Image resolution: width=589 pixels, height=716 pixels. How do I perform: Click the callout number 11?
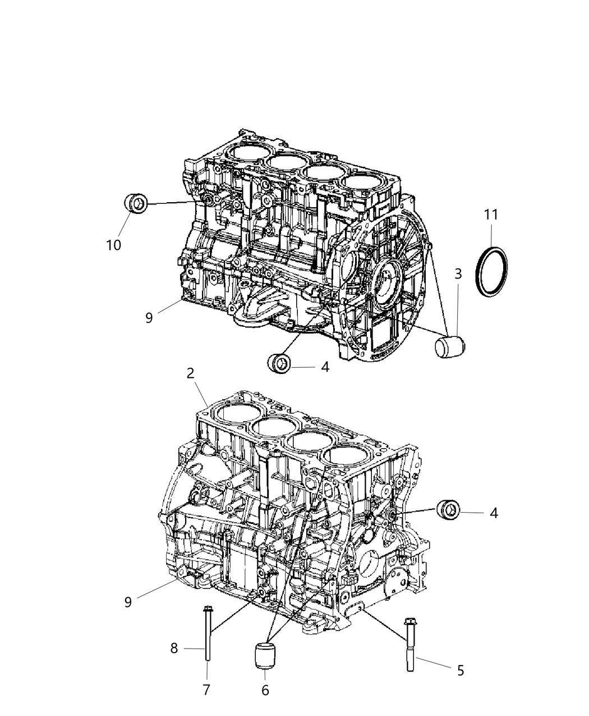point(491,215)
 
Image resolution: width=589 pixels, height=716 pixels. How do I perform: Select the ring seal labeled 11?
point(493,270)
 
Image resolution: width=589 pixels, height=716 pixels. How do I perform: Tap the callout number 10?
point(113,245)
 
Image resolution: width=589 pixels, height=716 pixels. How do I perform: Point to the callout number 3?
point(458,274)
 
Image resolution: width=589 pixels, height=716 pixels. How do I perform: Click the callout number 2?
point(190,372)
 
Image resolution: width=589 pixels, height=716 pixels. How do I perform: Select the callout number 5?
point(461,670)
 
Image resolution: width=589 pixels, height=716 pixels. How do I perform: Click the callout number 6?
point(265,690)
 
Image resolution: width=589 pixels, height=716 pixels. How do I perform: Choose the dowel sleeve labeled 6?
point(264,656)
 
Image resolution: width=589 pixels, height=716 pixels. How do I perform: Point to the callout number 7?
point(206,690)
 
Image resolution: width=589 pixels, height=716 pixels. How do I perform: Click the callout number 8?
point(174,649)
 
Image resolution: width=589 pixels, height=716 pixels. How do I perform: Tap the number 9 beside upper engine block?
point(149,318)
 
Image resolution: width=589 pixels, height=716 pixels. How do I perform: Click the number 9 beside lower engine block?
point(128,602)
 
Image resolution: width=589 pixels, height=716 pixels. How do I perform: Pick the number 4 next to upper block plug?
point(325,367)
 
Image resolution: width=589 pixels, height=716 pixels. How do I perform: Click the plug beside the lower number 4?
point(449,509)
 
